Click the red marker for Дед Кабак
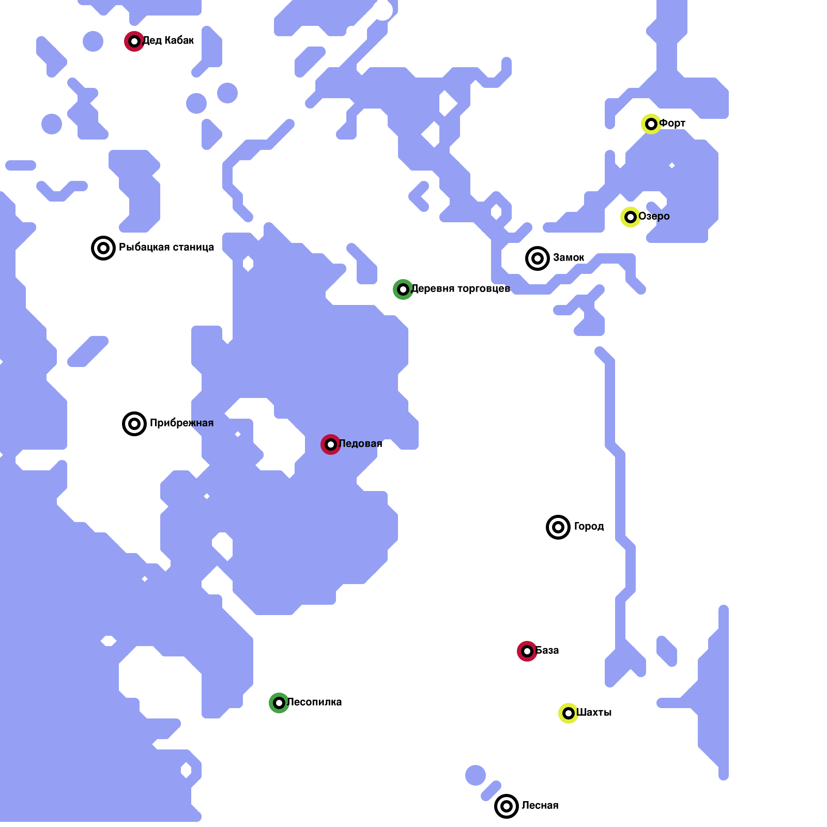pyautogui.click(x=134, y=41)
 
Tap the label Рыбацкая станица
pyautogui.click(x=166, y=247)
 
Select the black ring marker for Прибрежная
pyautogui.click(x=134, y=424)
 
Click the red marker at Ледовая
pyautogui.click(x=331, y=445)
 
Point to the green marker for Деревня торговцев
pyautogui.click(x=403, y=289)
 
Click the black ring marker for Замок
pyautogui.click(x=538, y=258)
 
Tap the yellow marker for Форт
pyautogui.click(x=651, y=124)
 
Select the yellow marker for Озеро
pyautogui.click(x=631, y=217)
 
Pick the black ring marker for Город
pyautogui.click(x=558, y=527)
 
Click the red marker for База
pyautogui.click(x=527, y=651)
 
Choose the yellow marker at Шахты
pyautogui.click(x=569, y=713)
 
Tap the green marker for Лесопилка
pyautogui.click(x=279, y=703)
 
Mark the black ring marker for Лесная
pyautogui.click(x=507, y=806)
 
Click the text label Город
pyautogui.click(x=589, y=526)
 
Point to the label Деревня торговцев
pyautogui.click(x=461, y=288)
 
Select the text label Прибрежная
pyautogui.click(x=181, y=423)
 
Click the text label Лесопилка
pyautogui.click(x=314, y=702)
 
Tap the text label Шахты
pyautogui.click(x=594, y=712)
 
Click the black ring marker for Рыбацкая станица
pyautogui.click(x=103, y=248)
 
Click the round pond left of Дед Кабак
pyautogui.click(x=93, y=41)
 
